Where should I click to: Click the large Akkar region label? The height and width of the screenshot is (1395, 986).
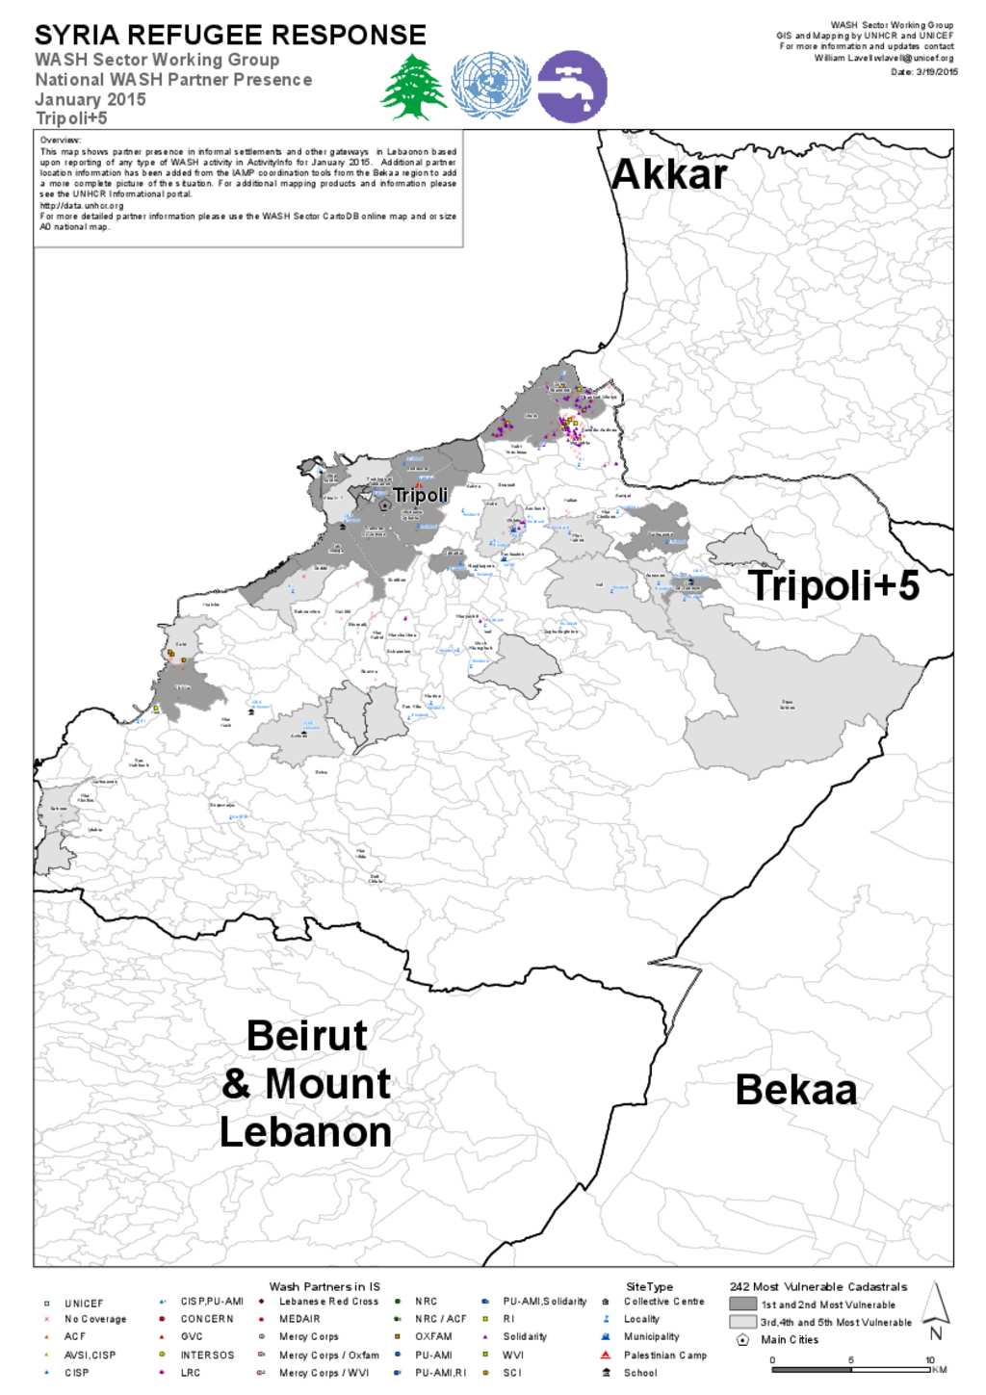(669, 174)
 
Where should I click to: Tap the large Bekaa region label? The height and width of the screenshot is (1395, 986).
(795, 1090)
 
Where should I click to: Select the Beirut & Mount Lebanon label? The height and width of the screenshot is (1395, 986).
(306, 1084)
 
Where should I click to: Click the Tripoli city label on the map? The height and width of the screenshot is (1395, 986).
(421, 495)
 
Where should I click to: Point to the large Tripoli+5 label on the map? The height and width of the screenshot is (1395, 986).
(834, 585)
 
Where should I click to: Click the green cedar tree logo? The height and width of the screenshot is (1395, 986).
(414, 87)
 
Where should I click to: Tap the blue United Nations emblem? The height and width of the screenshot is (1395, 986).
(491, 86)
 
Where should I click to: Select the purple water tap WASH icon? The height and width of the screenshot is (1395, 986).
(572, 87)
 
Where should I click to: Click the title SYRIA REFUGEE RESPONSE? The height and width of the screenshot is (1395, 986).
(230, 36)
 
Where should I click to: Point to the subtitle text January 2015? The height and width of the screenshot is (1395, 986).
(91, 99)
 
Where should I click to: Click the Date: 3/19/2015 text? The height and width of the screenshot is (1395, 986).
(923, 71)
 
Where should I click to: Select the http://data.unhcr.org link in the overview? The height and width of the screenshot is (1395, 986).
(82, 205)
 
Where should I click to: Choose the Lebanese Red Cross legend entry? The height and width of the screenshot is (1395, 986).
(328, 1301)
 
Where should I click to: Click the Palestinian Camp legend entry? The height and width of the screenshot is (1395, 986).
(664, 1355)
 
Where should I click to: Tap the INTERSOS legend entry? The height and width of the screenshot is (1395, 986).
(207, 1355)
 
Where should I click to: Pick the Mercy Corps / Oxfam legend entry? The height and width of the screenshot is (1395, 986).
(328, 1355)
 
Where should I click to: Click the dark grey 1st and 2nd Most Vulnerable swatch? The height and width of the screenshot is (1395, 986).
(742, 1305)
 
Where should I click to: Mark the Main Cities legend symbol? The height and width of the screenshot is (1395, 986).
(742, 1339)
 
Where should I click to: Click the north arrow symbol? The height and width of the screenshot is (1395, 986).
(935, 1310)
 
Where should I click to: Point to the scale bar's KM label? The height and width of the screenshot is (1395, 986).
(940, 1369)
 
